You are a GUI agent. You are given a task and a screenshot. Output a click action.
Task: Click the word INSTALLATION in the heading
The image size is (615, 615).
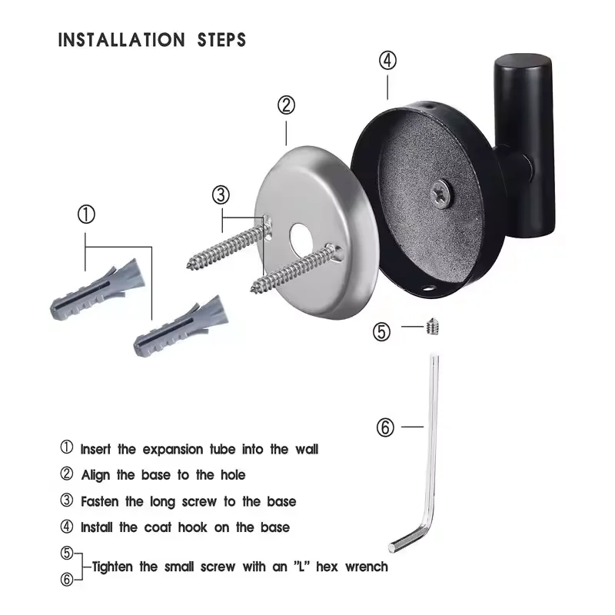click(x=120, y=39)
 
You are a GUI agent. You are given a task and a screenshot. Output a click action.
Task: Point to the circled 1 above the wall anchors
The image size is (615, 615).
click(x=86, y=214)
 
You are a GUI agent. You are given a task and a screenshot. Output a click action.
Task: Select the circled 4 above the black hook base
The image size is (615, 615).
click(x=387, y=61)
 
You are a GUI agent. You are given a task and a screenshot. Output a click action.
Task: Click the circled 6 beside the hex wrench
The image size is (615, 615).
click(x=385, y=427)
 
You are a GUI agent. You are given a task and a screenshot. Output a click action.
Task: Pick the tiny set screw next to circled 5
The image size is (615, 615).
click(x=431, y=329)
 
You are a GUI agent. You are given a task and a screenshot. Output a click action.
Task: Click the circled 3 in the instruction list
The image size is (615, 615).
click(x=67, y=501)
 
